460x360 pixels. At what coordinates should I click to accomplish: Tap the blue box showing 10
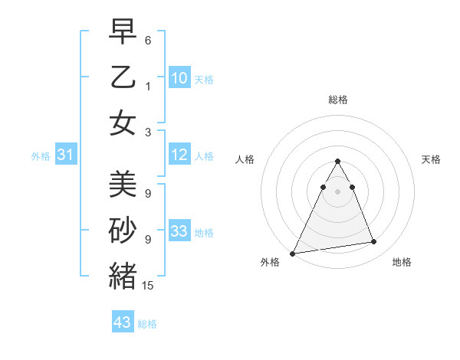[x=179, y=77]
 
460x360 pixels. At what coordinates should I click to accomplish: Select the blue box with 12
[x=179, y=155]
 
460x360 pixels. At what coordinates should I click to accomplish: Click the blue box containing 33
[x=179, y=232]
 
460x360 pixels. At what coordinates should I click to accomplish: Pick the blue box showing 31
[x=65, y=155]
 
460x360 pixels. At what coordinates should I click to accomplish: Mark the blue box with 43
[x=123, y=322]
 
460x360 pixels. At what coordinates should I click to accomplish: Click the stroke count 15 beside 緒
[x=148, y=286]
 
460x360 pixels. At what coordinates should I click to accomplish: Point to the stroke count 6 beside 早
[x=148, y=40]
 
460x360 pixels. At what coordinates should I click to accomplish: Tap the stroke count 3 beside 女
[x=148, y=132]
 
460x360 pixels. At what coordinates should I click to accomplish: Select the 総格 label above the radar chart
[x=338, y=100]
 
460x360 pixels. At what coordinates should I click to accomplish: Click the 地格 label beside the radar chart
[x=402, y=263]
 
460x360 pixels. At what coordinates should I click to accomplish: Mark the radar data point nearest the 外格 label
[x=293, y=253]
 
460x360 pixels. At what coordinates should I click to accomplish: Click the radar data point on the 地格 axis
[x=374, y=242]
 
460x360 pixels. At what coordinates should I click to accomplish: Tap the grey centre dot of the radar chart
[x=338, y=191]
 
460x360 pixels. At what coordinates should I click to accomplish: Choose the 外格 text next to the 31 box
[x=41, y=156]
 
